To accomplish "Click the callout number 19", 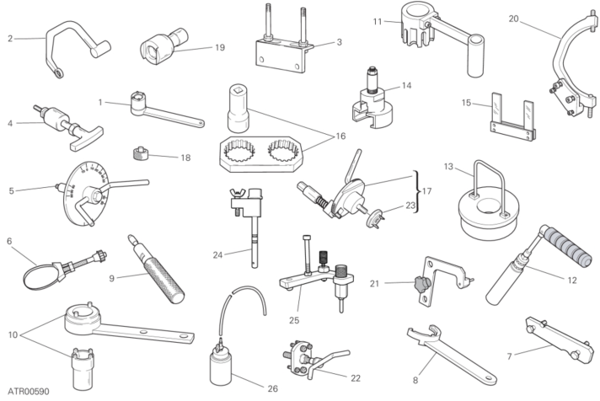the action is click(x=220, y=47).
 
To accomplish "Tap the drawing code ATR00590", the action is click(x=29, y=392).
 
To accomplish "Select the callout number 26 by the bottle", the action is click(x=272, y=388).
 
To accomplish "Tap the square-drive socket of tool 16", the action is click(x=238, y=109).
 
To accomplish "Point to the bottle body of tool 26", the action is click(x=221, y=367).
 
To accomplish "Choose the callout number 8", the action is click(x=415, y=380).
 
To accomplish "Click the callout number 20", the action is click(x=513, y=18).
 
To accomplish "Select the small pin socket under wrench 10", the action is click(x=83, y=368).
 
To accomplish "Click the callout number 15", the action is click(x=466, y=103).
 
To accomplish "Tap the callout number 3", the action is click(x=339, y=42).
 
